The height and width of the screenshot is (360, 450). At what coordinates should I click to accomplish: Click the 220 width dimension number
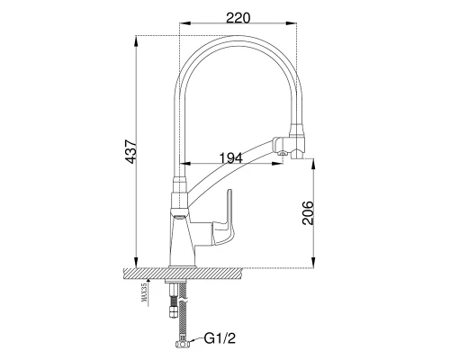238,18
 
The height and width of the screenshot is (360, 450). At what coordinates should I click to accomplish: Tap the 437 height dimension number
131,151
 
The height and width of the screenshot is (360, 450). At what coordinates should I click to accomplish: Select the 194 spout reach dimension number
230,158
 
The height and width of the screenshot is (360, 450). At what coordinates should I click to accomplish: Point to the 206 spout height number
308,212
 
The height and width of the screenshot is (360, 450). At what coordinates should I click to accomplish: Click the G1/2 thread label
220,338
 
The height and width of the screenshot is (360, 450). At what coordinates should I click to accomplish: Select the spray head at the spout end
289,144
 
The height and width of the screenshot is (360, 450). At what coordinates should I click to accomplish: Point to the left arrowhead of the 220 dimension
184,23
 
